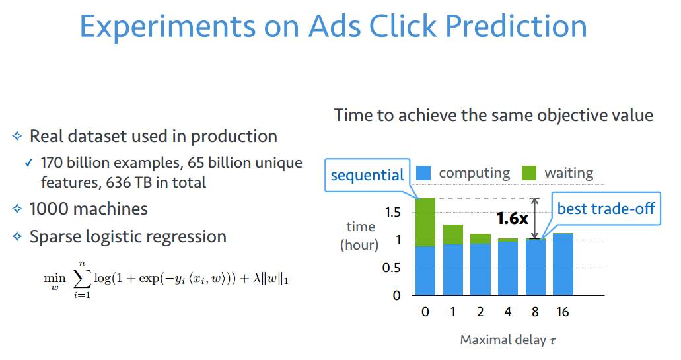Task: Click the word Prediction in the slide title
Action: pyautogui.click(x=516, y=26)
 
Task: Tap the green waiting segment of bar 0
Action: pyautogui.click(x=425, y=223)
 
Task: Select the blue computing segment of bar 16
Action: pyautogui.click(x=563, y=264)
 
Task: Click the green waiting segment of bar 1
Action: pyautogui.click(x=453, y=234)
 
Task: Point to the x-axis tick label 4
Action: pyautogui.click(x=508, y=312)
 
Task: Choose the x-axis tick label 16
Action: pyautogui.click(x=562, y=312)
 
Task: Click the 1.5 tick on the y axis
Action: pyautogui.click(x=392, y=212)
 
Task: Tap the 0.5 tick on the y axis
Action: pyautogui.click(x=391, y=268)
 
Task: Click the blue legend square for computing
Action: pyautogui.click(x=423, y=173)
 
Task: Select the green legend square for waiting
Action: pyautogui.click(x=528, y=173)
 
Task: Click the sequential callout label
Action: pyautogui.click(x=367, y=175)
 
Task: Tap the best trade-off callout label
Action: pyautogui.click(x=606, y=209)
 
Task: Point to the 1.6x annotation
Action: pyautogui.click(x=512, y=218)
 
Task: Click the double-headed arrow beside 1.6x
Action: pyautogui.click(x=535, y=218)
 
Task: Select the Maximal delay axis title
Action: pyautogui.click(x=508, y=340)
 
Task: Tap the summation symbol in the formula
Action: pyautogui.click(x=82, y=279)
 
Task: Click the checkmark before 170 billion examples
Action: pyautogui.click(x=28, y=163)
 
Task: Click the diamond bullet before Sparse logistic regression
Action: pyautogui.click(x=17, y=236)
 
